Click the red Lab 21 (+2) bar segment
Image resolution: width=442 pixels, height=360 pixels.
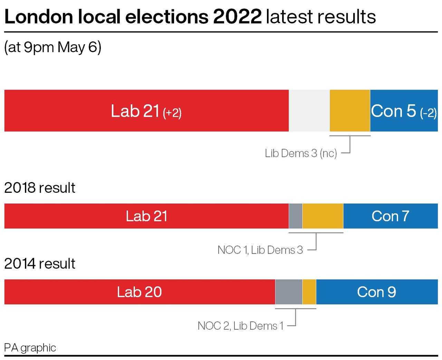pos(146,111)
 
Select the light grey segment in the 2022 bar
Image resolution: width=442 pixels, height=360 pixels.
pos(309,111)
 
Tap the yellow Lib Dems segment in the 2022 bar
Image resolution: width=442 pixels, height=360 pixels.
pos(350,111)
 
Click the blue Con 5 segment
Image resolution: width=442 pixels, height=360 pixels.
pos(404,111)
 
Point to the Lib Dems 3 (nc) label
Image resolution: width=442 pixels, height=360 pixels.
pos(301,153)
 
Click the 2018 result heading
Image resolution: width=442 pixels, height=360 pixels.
pos(40,188)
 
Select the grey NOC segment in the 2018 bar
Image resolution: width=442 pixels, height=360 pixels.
pos(296,216)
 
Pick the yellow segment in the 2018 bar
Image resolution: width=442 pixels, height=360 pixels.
pos(323,216)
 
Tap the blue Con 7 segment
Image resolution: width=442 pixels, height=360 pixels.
pos(391,216)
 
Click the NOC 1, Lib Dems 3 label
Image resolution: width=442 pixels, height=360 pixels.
pos(260,250)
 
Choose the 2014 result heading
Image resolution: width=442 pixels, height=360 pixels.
pos(40,264)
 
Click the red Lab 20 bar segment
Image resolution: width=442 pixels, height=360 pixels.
pos(139,292)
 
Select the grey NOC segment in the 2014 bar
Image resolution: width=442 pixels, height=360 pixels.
pos(289,292)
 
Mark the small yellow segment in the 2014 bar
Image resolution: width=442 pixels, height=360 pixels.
pos(309,292)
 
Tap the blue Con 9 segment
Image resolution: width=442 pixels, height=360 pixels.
pos(377,292)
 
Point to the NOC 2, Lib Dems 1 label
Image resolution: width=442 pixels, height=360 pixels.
pos(240,325)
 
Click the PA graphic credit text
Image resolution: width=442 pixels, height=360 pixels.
pos(30,348)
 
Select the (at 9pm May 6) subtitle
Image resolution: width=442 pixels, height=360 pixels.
pos(52,47)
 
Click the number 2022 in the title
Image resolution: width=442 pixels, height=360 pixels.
pos(238,17)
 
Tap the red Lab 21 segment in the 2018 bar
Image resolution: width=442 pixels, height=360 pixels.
pos(146,216)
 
